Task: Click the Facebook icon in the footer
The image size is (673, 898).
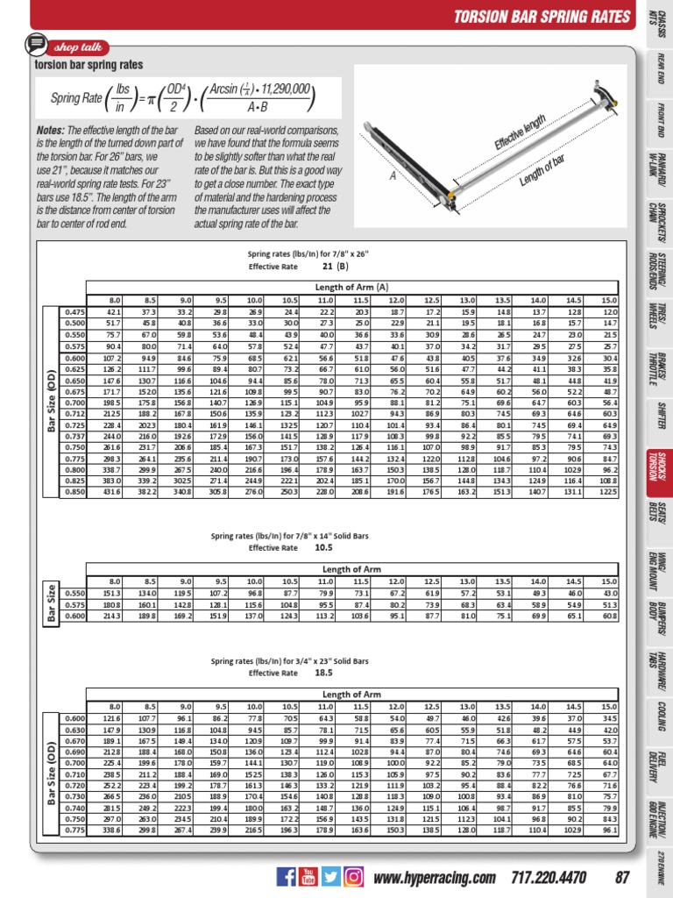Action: click(x=287, y=876)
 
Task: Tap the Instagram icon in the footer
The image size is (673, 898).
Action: click(x=353, y=876)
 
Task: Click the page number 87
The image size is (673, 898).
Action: click(x=623, y=877)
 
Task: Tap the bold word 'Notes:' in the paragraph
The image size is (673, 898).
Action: click(x=51, y=129)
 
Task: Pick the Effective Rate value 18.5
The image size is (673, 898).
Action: click(x=323, y=672)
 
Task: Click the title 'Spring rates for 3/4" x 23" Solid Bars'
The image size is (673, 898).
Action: click(x=289, y=659)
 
